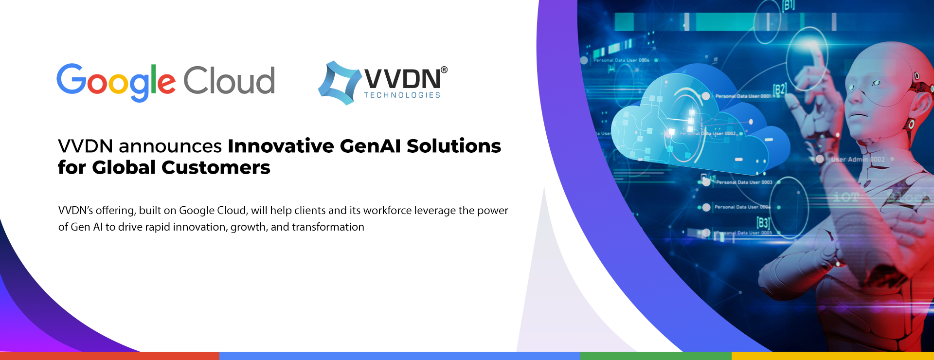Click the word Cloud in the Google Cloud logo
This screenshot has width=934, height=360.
point(229,81)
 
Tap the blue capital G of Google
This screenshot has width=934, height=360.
point(71,79)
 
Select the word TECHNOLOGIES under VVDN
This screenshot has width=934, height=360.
point(402,95)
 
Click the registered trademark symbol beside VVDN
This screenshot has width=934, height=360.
point(444,70)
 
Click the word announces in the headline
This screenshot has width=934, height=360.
point(170,146)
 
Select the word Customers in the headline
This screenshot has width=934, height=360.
point(216,168)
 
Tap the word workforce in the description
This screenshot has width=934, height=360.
point(387,210)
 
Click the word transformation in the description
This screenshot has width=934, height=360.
point(328,227)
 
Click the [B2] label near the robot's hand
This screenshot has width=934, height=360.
point(779,90)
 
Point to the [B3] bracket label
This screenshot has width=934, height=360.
point(763,223)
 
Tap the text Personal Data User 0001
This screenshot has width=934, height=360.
point(743,96)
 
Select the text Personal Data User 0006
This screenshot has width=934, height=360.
point(621,60)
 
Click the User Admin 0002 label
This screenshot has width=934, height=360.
point(858,160)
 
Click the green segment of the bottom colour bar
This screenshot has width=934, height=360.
point(656,356)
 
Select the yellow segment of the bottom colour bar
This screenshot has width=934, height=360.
point(832,356)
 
